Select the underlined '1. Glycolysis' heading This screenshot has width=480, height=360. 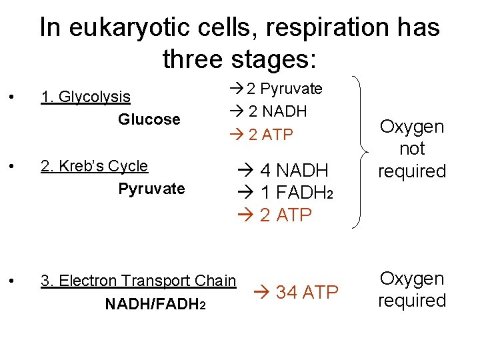[85, 97]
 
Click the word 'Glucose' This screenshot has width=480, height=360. [149, 120]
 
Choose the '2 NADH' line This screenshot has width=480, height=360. [277, 111]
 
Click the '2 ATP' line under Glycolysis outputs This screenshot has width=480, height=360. [270, 135]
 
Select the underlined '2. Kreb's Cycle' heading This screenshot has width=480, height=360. [94, 165]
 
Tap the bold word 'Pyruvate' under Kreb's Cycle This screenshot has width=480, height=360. [151, 189]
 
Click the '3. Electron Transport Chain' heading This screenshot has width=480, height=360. [138, 281]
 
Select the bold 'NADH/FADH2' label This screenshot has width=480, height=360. [155, 304]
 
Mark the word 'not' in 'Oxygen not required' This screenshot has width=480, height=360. [412, 149]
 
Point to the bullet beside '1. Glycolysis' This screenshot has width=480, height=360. [13, 97]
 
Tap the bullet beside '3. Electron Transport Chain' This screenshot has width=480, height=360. [13, 281]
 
